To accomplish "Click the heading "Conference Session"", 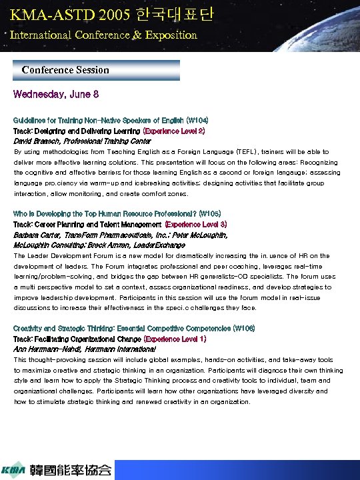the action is click(x=65, y=70).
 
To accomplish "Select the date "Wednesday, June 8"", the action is click(x=57, y=95).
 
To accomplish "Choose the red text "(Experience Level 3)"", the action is click(x=195, y=225).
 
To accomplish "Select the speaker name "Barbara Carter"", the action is click(x=36, y=235).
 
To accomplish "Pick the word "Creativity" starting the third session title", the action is click(x=29, y=328).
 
